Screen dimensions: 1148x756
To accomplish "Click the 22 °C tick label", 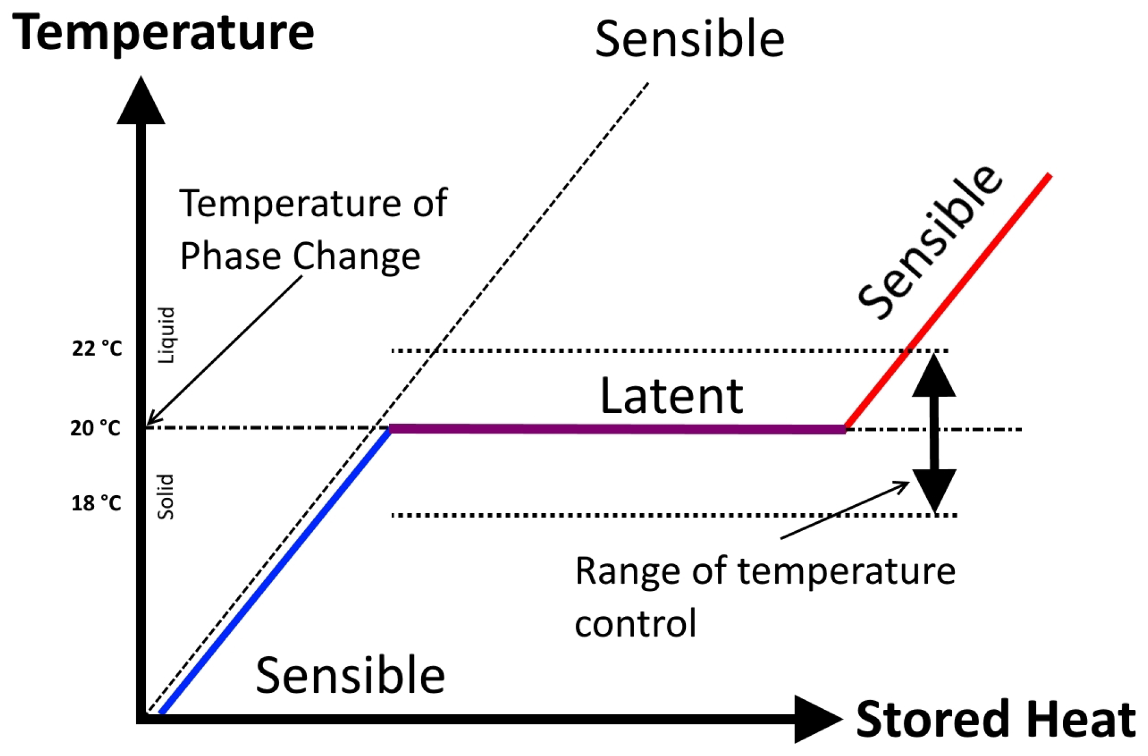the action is [x=97, y=349].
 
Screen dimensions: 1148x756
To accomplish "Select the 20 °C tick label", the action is [x=96, y=428].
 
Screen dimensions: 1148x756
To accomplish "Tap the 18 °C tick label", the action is [x=96, y=503].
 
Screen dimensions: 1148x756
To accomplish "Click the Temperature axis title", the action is [x=163, y=34].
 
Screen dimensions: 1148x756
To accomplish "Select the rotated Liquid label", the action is [x=166, y=335].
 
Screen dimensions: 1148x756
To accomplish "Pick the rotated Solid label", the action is [x=166, y=497].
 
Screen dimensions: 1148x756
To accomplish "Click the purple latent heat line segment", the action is [x=618, y=429].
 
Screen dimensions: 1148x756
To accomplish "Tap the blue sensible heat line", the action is [x=276, y=570].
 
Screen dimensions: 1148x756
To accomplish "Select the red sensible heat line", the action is [x=948, y=301].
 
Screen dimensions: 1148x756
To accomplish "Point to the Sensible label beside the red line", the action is [x=930, y=242].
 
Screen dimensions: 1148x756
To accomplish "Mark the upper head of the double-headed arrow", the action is [x=934, y=375].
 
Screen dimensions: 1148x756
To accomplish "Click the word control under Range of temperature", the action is [x=636, y=623].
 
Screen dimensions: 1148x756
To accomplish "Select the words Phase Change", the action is [x=300, y=256].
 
